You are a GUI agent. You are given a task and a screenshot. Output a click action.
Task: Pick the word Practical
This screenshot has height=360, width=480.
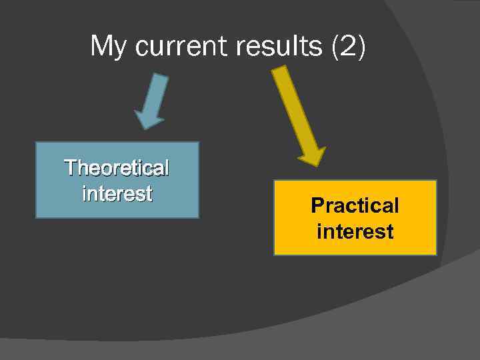(355, 205)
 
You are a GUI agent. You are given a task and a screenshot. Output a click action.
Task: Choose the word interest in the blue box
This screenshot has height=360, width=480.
(117, 193)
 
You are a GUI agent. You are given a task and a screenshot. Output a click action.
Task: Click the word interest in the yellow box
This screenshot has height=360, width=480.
(355, 232)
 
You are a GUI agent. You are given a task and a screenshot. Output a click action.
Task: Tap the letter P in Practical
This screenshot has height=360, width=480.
(317, 205)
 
